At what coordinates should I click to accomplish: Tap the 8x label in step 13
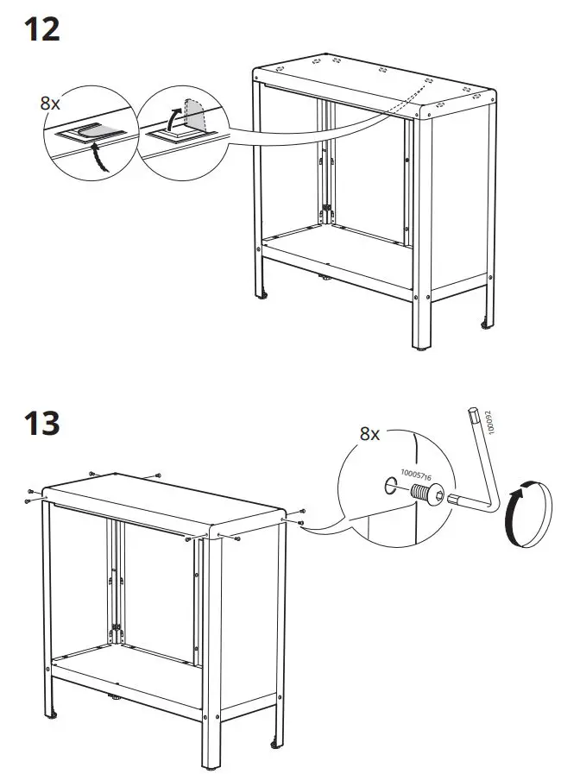click(369, 434)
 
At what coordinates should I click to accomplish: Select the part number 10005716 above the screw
click(417, 480)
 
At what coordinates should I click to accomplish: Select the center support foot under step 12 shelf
click(325, 279)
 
